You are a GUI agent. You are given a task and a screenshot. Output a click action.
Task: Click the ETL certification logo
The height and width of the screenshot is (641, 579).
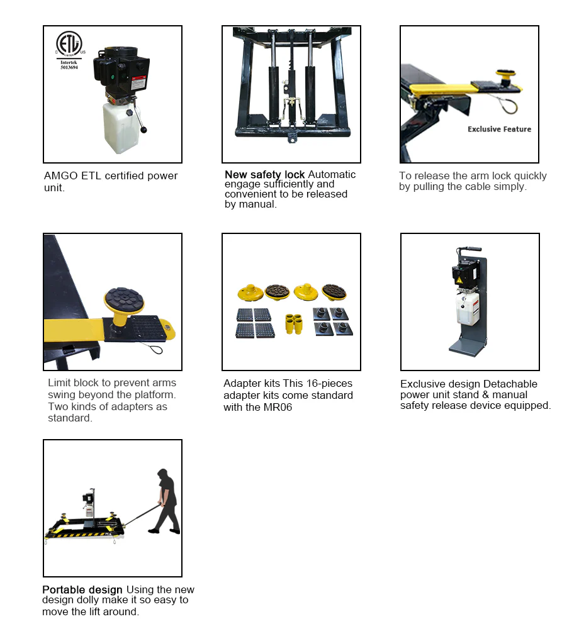(x=70, y=44)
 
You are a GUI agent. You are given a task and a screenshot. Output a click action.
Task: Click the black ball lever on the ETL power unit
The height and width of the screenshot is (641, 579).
(x=143, y=130)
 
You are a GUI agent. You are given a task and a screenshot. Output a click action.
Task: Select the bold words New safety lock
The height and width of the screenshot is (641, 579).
(x=264, y=174)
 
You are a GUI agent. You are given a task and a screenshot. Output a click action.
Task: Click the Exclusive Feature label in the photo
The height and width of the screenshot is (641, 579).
(x=499, y=129)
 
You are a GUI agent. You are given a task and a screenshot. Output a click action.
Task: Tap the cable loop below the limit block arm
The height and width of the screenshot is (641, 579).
(x=154, y=345)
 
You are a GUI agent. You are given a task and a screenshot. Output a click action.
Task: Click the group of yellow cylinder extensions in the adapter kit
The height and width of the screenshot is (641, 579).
(x=292, y=323)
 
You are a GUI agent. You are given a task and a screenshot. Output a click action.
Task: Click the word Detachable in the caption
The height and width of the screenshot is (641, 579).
(x=510, y=384)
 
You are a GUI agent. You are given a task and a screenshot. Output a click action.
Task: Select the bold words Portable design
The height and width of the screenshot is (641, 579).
(x=82, y=589)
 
